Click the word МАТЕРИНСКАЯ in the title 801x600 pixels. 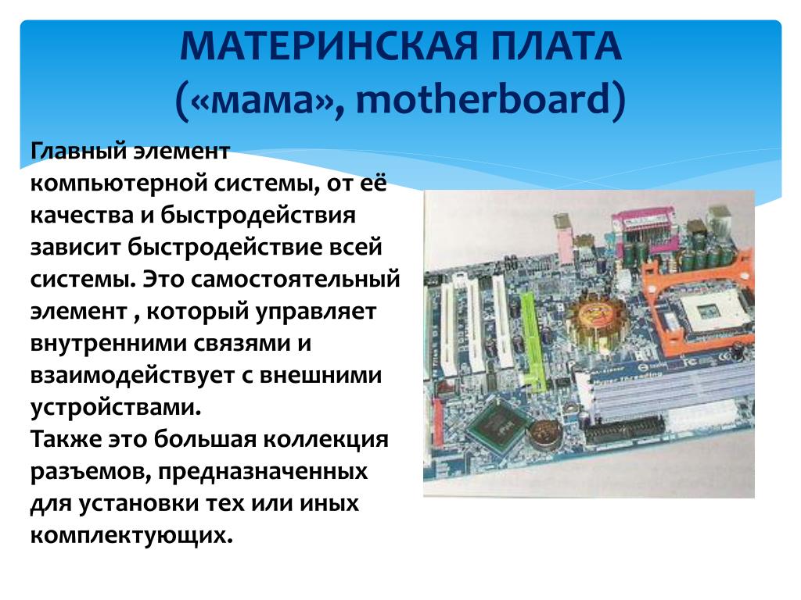pyautogui.click(x=329, y=46)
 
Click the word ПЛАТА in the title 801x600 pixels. pyautogui.click(x=556, y=46)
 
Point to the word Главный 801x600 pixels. pyautogui.click(x=78, y=152)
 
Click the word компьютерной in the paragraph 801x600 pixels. pyautogui.click(x=119, y=184)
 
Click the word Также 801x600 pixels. pyautogui.click(x=66, y=439)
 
